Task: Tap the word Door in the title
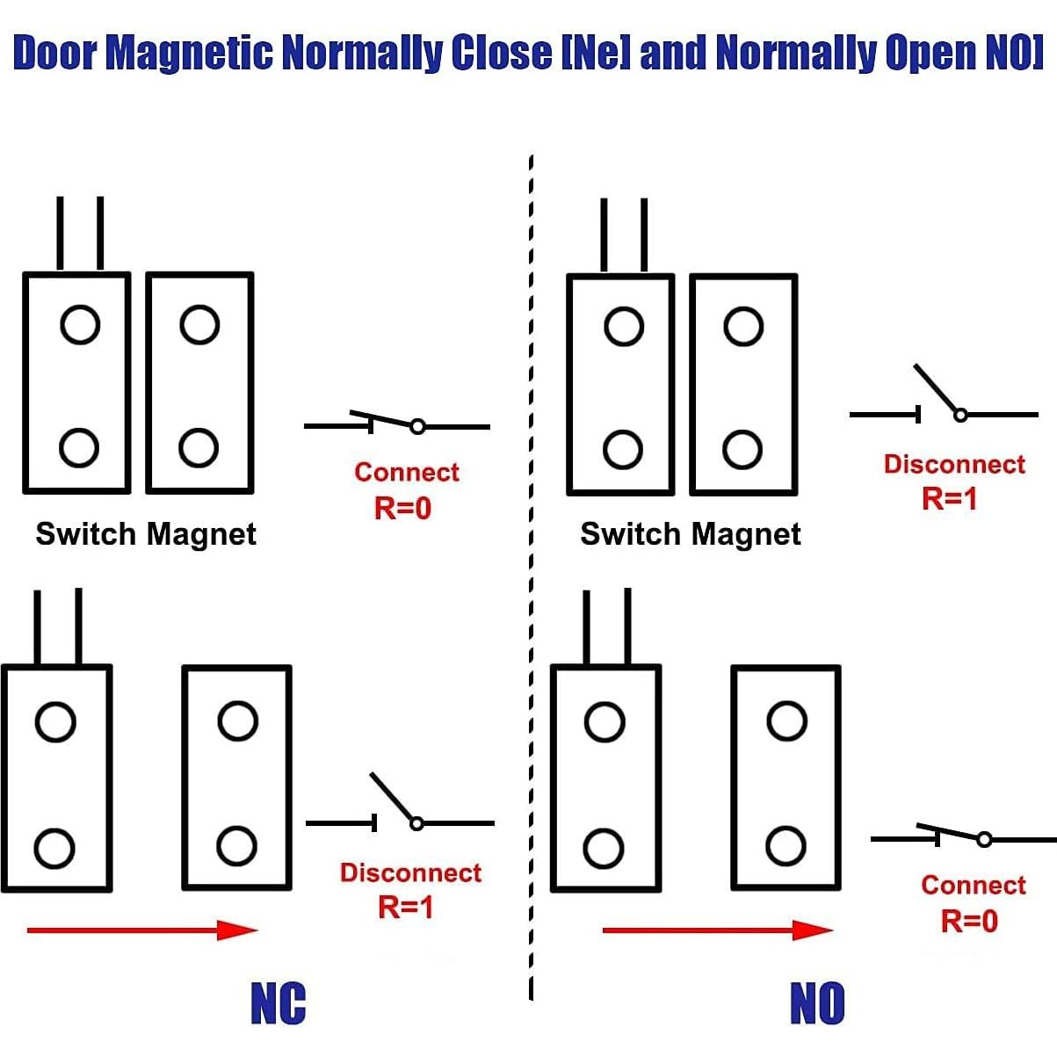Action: pyautogui.click(x=54, y=53)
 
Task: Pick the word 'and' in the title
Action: pyautogui.click(x=672, y=53)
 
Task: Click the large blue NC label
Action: pyautogui.click(x=279, y=1003)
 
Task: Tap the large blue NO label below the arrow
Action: pyautogui.click(x=817, y=1003)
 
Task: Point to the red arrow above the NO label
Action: pyautogui.click(x=717, y=930)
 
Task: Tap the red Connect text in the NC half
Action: pyautogui.click(x=407, y=472)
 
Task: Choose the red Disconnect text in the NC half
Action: pyautogui.click(x=410, y=872)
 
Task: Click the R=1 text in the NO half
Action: pyautogui.click(x=949, y=499)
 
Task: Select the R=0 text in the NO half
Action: pyautogui.click(x=969, y=921)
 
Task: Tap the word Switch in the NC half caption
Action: pyautogui.click(x=85, y=534)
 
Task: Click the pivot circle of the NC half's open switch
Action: pyautogui.click(x=416, y=823)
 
